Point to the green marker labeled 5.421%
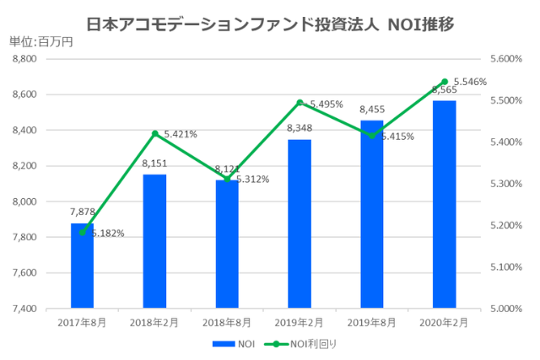154,133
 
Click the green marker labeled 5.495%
300,103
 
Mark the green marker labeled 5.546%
444,82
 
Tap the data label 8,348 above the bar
300,128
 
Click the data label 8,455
372,110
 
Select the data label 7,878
82,212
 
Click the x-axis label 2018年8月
227,323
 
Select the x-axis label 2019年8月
372,323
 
